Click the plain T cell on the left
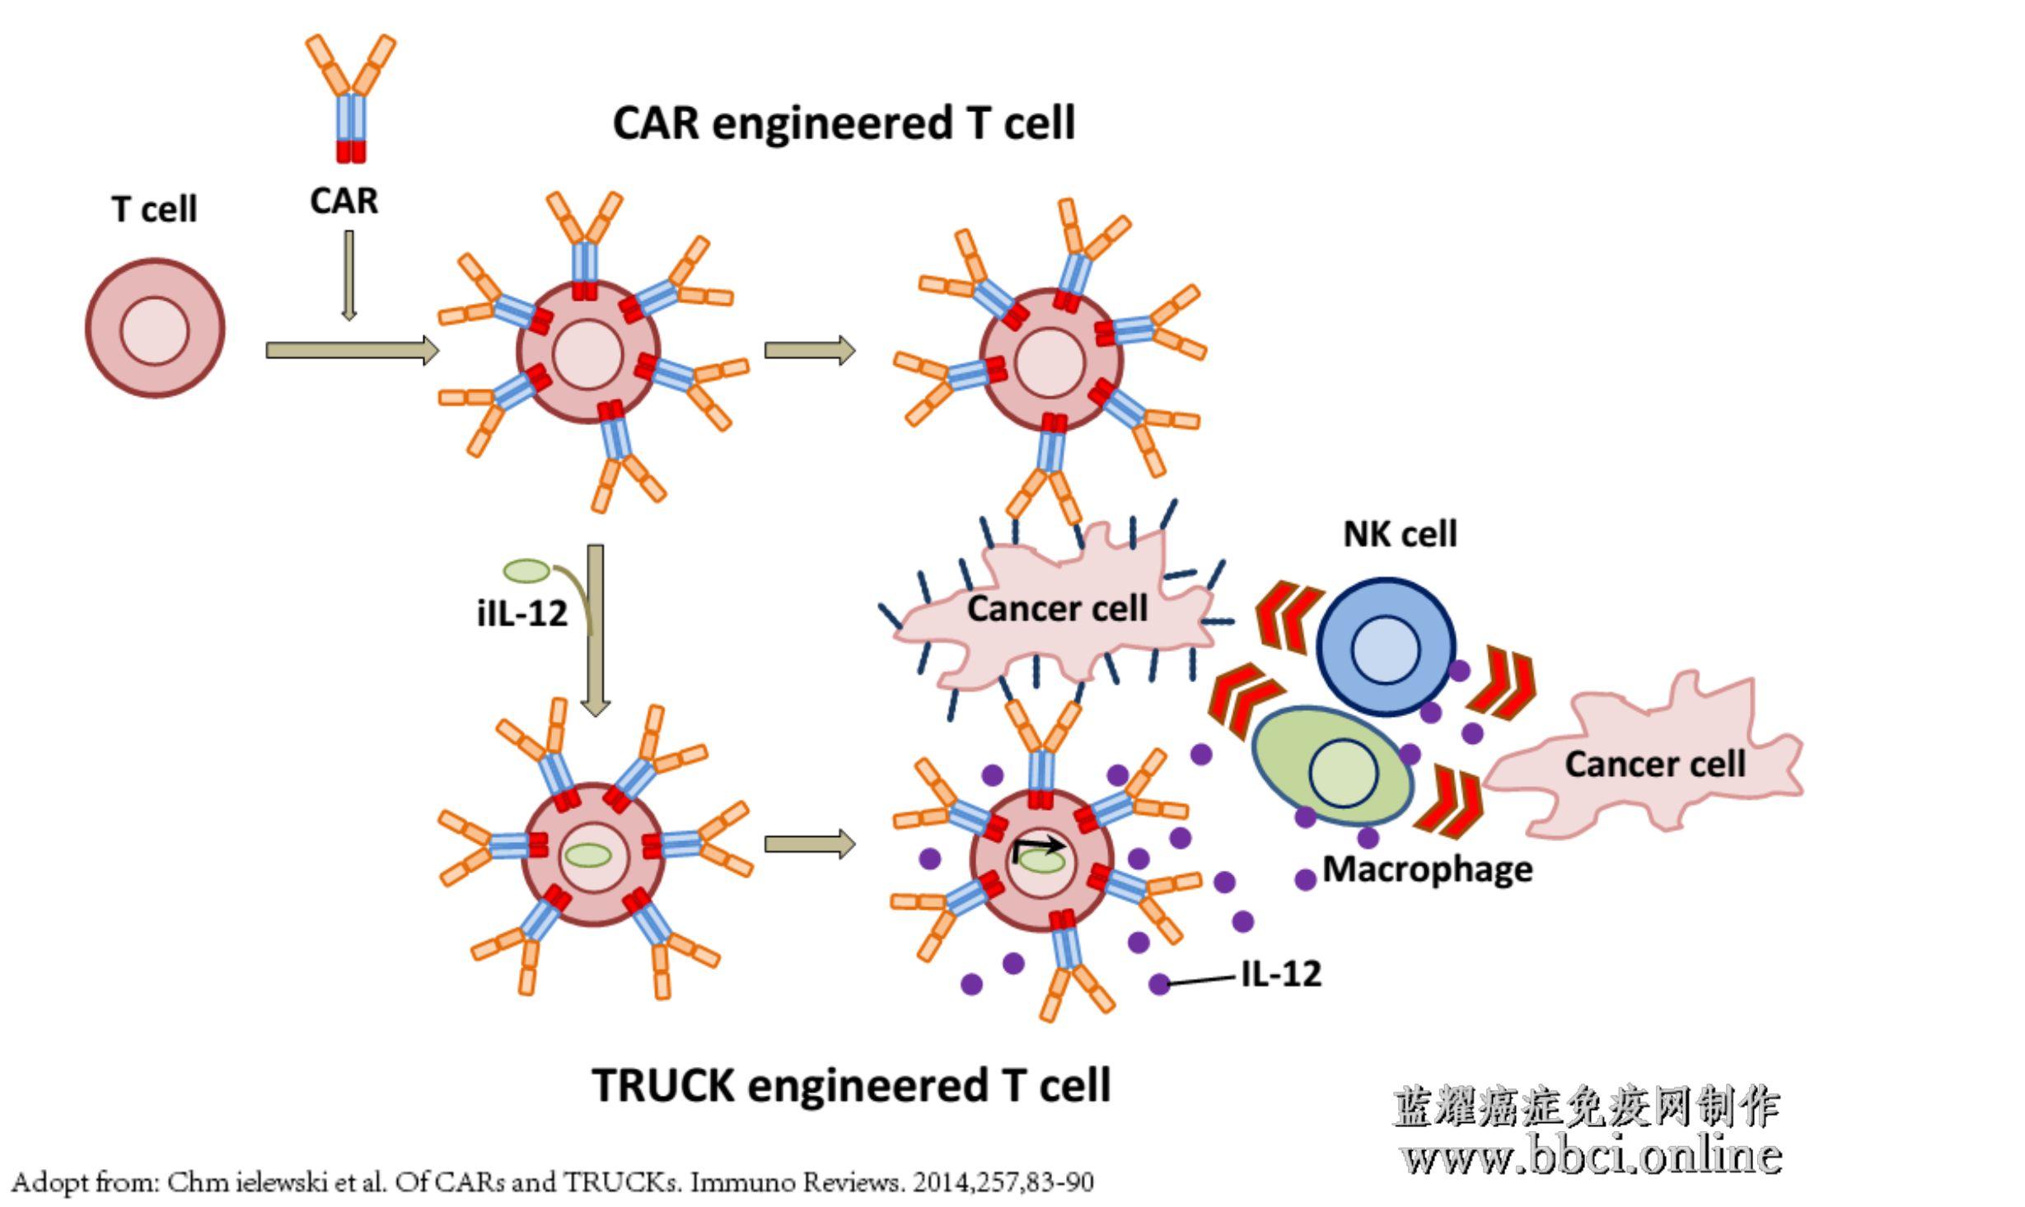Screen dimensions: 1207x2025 (155, 328)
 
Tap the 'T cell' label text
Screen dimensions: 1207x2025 (154, 209)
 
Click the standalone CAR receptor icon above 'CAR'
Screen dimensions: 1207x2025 (351, 99)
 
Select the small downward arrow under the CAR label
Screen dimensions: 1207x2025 (349, 275)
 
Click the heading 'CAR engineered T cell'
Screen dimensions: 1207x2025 (844, 124)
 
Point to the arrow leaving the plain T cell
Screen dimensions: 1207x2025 (352, 350)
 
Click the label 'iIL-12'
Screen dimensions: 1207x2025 (522, 613)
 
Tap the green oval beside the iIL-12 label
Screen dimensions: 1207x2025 (526, 570)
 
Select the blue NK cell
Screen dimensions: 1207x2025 (1386, 647)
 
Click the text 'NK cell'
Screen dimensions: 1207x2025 (1400, 534)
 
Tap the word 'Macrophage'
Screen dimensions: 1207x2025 (1428, 869)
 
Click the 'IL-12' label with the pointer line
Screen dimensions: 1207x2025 (1281, 974)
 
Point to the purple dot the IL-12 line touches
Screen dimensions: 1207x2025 (1158, 983)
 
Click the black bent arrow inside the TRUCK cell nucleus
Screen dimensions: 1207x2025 (1040, 847)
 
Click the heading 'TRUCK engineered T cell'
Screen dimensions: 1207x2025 (852, 1085)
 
